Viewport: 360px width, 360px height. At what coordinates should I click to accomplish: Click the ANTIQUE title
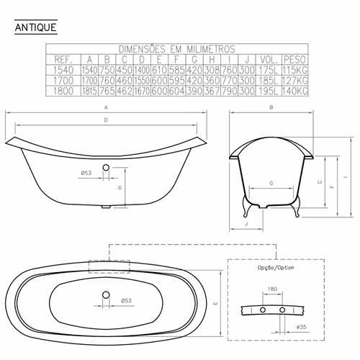click(36, 27)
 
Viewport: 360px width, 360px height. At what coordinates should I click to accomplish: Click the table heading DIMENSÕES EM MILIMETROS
click(177, 49)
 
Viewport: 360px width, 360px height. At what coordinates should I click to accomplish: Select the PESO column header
click(294, 60)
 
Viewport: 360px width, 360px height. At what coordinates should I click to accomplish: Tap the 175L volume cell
click(269, 70)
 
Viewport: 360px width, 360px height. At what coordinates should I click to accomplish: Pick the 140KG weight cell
click(294, 91)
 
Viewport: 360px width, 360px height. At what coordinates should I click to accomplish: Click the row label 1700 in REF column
click(63, 81)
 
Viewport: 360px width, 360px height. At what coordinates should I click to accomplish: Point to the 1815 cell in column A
click(89, 91)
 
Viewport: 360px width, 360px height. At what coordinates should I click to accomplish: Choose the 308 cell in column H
click(212, 70)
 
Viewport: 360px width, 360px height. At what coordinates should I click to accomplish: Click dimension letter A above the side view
click(106, 107)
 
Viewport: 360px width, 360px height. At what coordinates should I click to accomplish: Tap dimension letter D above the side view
click(106, 120)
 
